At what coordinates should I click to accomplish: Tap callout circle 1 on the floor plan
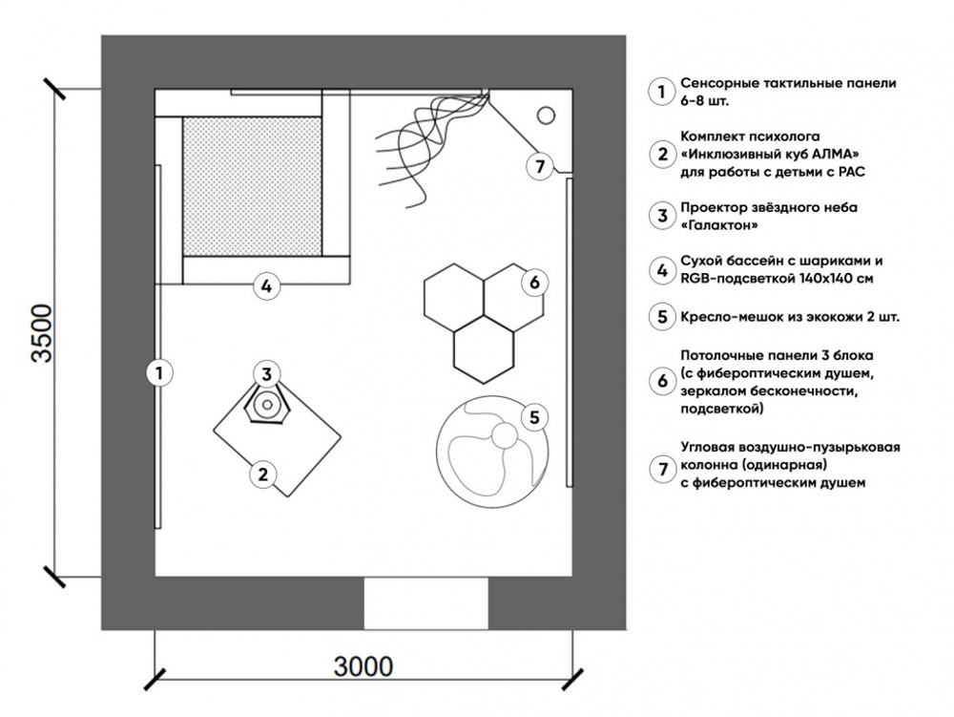160,373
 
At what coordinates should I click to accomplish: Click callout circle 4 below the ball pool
267,285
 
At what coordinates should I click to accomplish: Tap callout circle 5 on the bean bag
534,416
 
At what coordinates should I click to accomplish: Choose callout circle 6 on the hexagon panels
533,282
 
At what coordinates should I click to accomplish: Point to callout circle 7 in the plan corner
540,166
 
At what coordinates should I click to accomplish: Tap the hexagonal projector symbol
267,406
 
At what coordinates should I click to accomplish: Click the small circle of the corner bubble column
546,115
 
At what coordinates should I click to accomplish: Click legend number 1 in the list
660,92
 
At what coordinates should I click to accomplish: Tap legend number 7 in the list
660,468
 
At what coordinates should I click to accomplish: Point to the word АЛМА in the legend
829,154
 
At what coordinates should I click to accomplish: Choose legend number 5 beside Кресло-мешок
660,316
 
